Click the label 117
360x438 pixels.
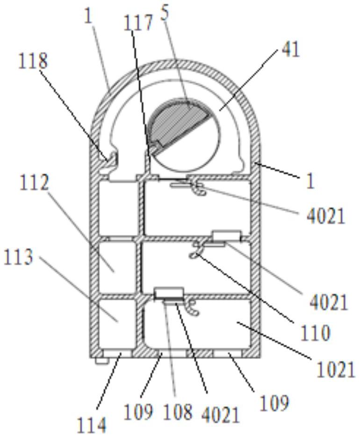(138, 22)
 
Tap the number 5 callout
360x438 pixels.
(165, 14)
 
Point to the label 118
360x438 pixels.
(33, 61)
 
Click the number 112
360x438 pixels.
(34, 182)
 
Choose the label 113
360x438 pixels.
(18, 257)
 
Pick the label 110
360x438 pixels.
(315, 333)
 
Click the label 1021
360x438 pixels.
(335, 370)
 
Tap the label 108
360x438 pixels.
(178, 411)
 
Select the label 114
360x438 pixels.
(92, 425)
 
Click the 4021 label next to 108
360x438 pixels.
(221, 414)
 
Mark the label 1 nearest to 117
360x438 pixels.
(88, 16)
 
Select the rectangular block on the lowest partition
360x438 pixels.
(169, 293)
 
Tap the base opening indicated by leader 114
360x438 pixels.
(115, 353)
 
